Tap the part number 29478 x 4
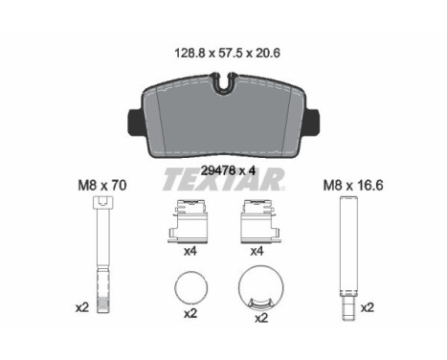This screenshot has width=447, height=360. point(228,171)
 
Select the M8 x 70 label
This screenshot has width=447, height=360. point(102,186)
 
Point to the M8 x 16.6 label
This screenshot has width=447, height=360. point(353,186)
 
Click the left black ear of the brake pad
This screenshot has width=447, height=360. point(134,122)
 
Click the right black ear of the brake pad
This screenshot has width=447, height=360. point(313,122)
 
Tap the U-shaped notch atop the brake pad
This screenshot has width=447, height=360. point(224,83)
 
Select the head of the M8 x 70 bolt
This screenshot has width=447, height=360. point(102,202)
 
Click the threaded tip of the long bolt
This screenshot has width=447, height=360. point(103,304)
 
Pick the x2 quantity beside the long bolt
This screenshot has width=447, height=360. point(82,308)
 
